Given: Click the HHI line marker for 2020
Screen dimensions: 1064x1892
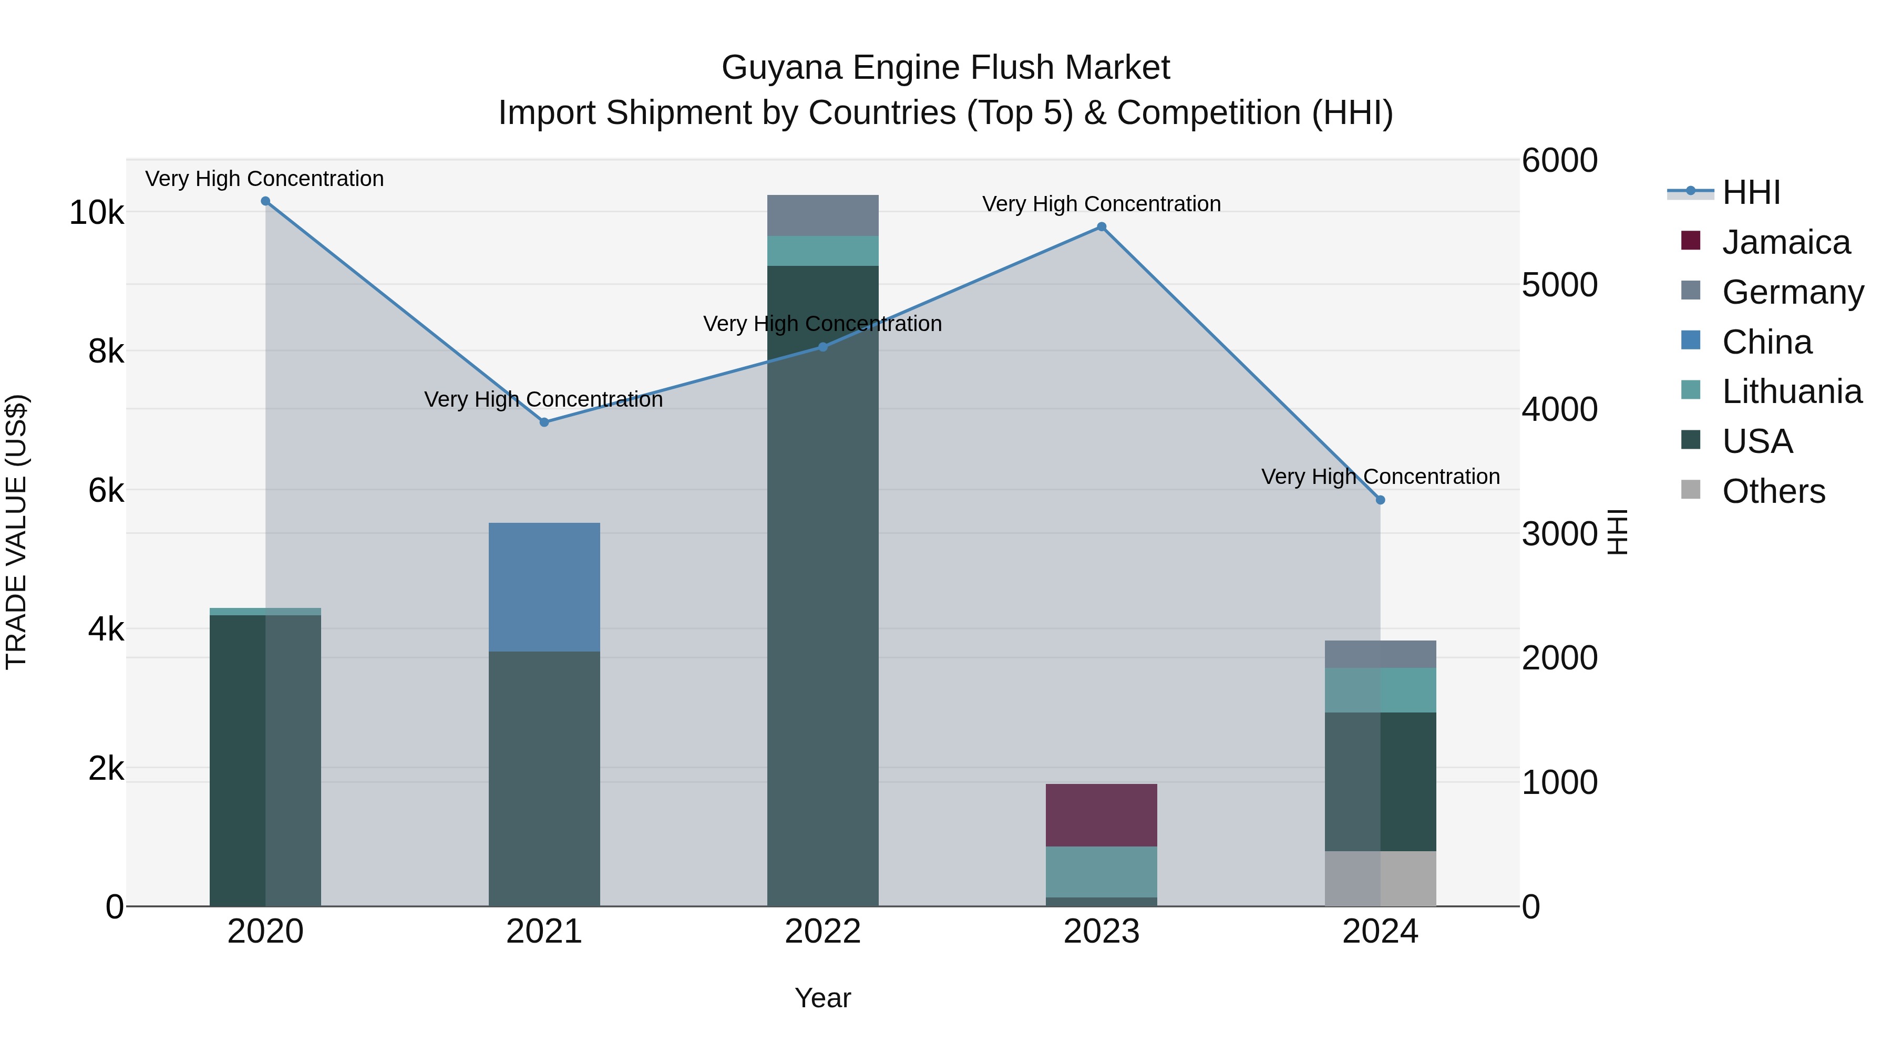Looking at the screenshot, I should tap(265, 201).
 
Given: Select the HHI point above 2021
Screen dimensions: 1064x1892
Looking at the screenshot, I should tap(544, 422).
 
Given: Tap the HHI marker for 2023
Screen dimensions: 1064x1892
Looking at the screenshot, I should tap(1101, 227).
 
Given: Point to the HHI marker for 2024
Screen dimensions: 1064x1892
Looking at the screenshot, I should tap(1380, 500).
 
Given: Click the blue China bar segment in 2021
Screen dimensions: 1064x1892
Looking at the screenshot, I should tap(544, 587).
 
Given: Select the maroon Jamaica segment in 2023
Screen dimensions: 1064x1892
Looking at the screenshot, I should tap(1101, 815).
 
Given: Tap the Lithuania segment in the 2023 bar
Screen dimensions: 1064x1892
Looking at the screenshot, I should tap(1101, 872).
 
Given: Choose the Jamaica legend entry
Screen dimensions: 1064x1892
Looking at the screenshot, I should tap(1785, 242).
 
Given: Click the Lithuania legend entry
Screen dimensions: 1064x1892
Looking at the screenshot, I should tap(1792, 391).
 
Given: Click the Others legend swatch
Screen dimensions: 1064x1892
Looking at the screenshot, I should tap(1691, 490).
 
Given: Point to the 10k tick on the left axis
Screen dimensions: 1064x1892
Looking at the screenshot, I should tap(96, 213).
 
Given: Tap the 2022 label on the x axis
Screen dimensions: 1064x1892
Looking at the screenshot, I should tap(822, 932).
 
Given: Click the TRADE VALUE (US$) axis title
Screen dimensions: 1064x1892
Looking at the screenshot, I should tap(17, 532).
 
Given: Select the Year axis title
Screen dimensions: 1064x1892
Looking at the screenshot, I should tap(822, 998).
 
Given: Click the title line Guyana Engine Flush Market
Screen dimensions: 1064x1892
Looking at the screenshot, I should tap(945, 68).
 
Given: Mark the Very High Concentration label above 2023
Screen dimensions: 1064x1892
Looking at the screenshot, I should tap(1101, 204).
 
